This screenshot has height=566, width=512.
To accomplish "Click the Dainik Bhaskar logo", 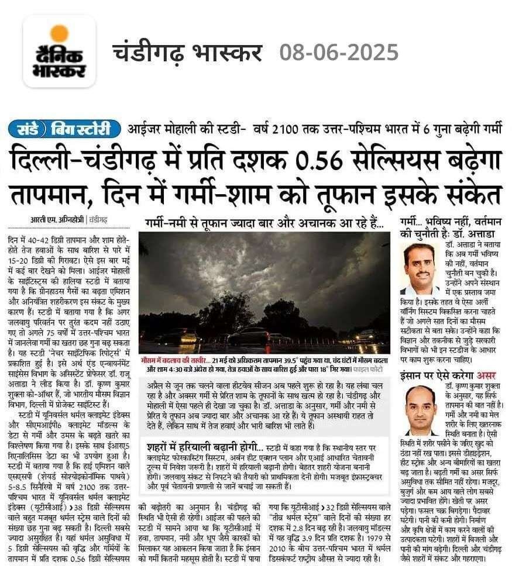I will tap(59, 53).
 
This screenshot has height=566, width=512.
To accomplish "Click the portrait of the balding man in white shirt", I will tap(420, 410).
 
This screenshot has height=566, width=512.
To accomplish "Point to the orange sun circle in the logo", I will tap(59, 33).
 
